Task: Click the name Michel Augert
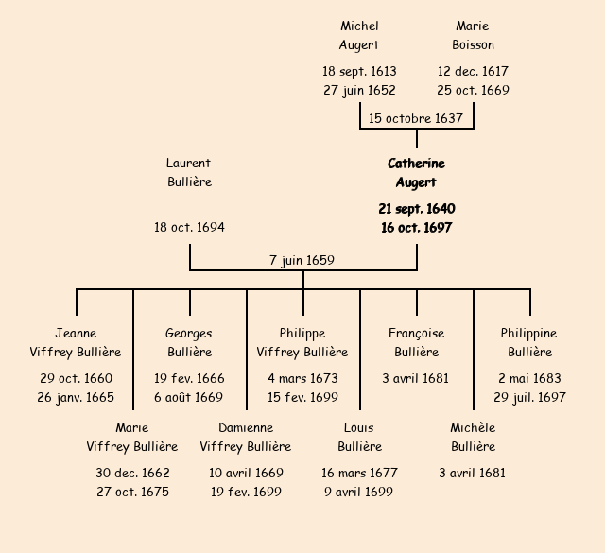(x=359, y=36)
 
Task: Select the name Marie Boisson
(x=473, y=36)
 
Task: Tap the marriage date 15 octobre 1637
(x=416, y=119)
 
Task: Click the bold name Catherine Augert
(x=416, y=173)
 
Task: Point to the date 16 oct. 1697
(x=416, y=228)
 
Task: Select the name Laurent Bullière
(x=189, y=173)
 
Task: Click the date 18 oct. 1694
(x=189, y=228)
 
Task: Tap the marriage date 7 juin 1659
(x=302, y=260)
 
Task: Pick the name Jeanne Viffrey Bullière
(x=76, y=343)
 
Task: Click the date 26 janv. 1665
(x=76, y=398)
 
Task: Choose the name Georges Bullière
(x=189, y=343)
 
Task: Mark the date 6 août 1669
(x=189, y=398)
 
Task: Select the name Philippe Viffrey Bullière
(x=302, y=343)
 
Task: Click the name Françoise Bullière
(x=416, y=343)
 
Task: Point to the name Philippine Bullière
(x=529, y=343)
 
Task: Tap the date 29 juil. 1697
(x=529, y=398)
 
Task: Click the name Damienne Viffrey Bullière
(x=246, y=438)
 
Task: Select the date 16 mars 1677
(x=359, y=474)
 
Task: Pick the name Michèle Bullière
(x=473, y=438)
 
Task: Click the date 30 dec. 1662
(x=132, y=474)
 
